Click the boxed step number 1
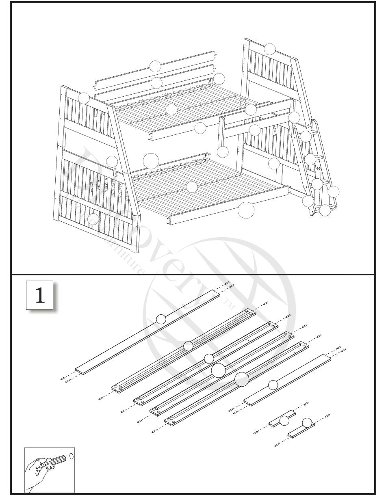(40, 295)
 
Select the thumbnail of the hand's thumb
(52, 467)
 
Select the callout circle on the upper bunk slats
(171, 109)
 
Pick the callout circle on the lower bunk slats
(191, 187)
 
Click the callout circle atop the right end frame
(269, 49)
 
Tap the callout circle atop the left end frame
(84, 98)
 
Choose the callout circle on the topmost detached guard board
(155, 66)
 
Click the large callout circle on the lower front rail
(246, 210)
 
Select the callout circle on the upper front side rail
(200, 128)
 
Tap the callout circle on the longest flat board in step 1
(161, 319)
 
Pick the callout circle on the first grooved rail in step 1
(188, 346)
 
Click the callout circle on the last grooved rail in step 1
(242, 379)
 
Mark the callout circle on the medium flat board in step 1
(273, 384)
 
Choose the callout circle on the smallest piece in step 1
(308, 422)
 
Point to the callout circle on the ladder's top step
(306, 136)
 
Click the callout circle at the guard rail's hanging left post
(223, 152)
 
